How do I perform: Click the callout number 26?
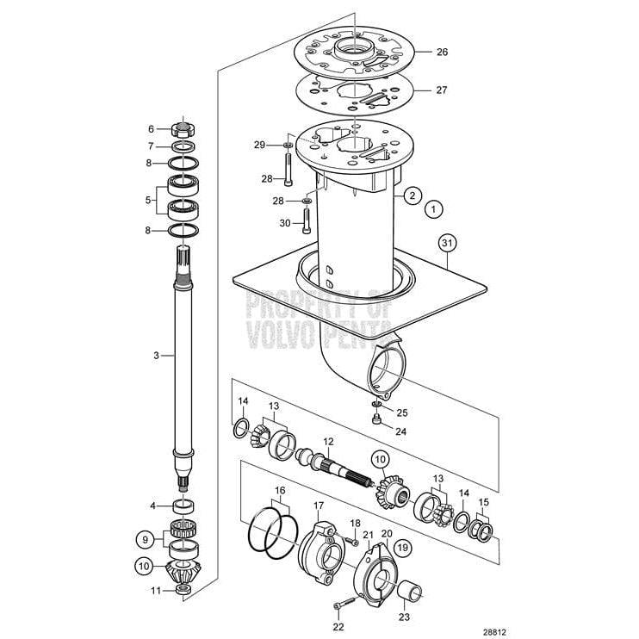[x=442, y=53]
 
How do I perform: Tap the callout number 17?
[x=318, y=506]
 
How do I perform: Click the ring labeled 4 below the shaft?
[x=183, y=506]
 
